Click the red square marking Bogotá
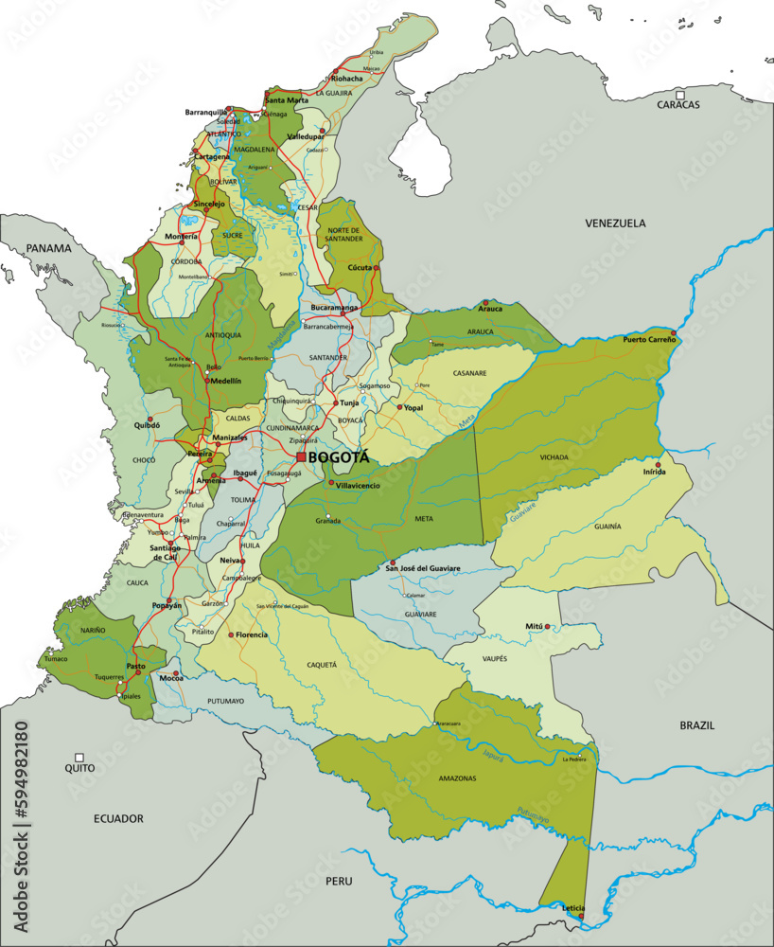point(301,457)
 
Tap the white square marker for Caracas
point(678,93)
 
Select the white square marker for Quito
point(79,758)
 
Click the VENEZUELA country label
point(615,223)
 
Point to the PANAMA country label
point(48,248)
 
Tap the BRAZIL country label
point(696,724)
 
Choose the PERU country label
point(339,881)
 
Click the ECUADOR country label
point(118,818)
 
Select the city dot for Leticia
point(581,916)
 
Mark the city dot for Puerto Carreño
point(673,333)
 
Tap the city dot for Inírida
point(658,464)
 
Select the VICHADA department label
point(554,457)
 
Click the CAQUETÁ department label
point(321,665)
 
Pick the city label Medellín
point(225,381)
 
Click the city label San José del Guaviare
point(423,568)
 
